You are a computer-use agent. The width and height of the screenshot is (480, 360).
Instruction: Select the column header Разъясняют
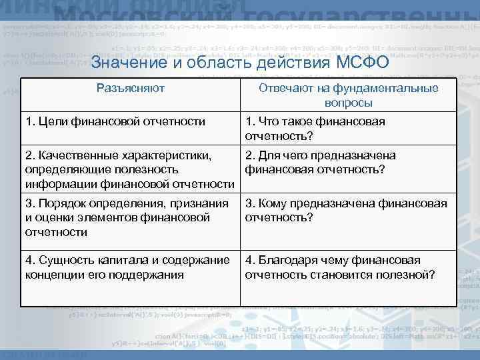131,89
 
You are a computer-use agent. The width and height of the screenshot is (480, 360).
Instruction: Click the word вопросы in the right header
349,103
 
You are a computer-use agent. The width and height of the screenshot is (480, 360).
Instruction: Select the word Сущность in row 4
65,261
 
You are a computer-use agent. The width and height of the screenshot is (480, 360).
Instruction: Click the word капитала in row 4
123,261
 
